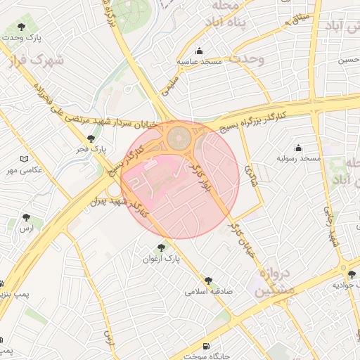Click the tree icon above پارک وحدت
pyautogui.click(x=21, y=27)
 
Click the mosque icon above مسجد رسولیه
pyautogui.click(x=298, y=148)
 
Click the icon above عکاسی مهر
pyautogui.click(x=25, y=159)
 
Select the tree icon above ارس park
pyautogui.click(x=26, y=217)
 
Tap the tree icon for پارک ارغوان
pyautogui.click(x=162, y=247)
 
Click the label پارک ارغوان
pyautogui.click(x=162, y=259)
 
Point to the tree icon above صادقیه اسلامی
pyautogui.click(x=207, y=279)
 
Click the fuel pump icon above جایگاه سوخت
pyautogui.click(x=205, y=345)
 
